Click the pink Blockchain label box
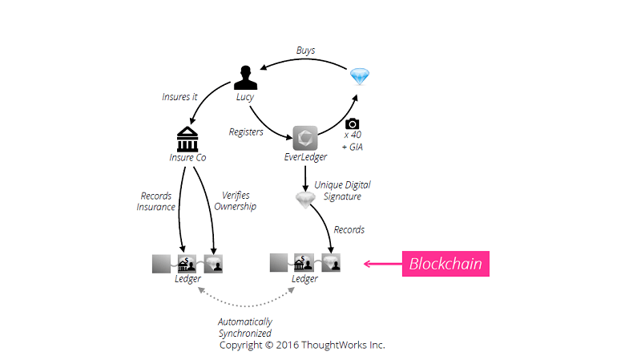pyautogui.click(x=445, y=263)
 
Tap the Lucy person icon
pyautogui.click(x=245, y=77)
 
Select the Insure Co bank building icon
pyautogui.click(x=188, y=137)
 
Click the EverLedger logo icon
pyautogui.click(x=305, y=138)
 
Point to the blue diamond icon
pyautogui.click(x=360, y=77)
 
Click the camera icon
pyautogui.click(x=353, y=124)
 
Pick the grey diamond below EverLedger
pyautogui.click(x=305, y=198)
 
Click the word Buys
pyautogui.click(x=305, y=50)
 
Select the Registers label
pyautogui.click(x=246, y=131)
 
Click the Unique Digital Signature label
pyautogui.click(x=342, y=190)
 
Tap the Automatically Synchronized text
pyautogui.click(x=244, y=327)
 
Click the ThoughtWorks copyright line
pyautogui.click(x=302, y=345)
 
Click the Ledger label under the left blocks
pyautogui.click(x=187, y=279)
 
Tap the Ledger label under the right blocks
pyautogui.click(x=304, y=279)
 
